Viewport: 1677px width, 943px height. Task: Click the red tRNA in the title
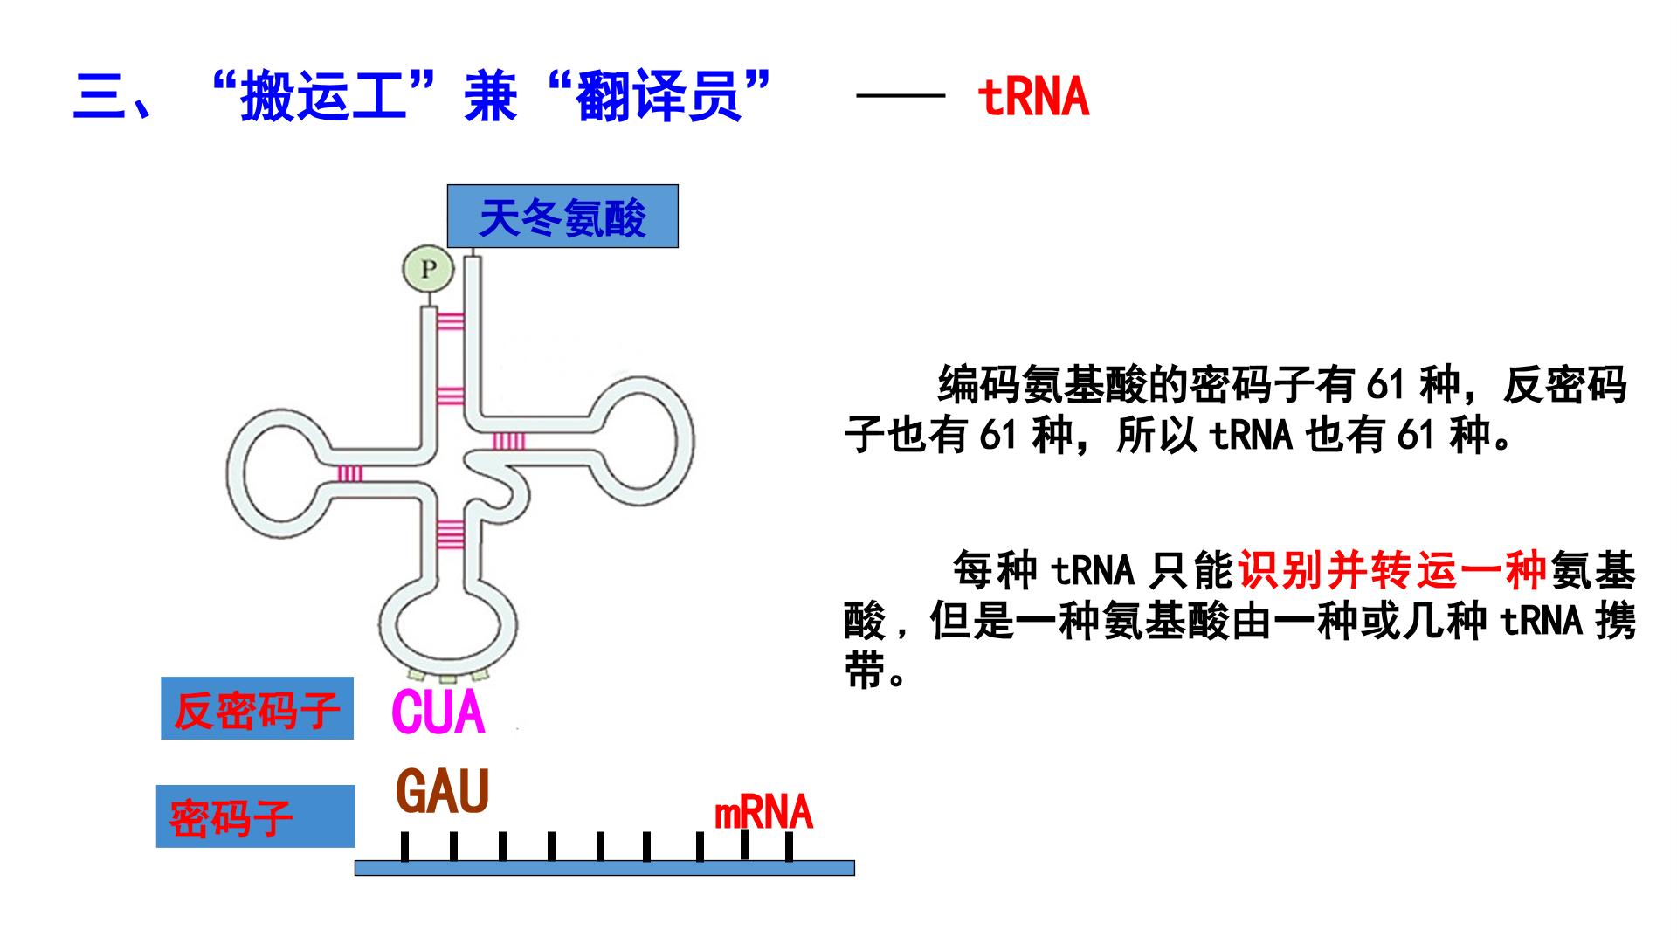tap(1033, 97)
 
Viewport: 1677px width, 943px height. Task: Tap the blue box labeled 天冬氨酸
tap(562, 217)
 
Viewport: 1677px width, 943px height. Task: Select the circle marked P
tap(428, 269)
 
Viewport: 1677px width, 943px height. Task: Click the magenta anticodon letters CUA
tap(438, 713)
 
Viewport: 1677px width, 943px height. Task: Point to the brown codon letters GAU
tap(443, 791)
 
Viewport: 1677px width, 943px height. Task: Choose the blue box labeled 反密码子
tap(257, 708)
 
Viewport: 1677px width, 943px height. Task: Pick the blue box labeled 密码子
tap(256, 816)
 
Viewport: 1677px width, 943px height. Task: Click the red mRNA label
tap(763, 813)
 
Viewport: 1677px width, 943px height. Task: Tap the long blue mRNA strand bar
tap(604, 867)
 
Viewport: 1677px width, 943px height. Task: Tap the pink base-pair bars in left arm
tap(350, 473)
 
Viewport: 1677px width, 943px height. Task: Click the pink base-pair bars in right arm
tap(509, 442)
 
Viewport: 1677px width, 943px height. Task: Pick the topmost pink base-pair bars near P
tap(450, 321)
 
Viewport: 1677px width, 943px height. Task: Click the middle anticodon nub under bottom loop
tap(447, 678)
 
